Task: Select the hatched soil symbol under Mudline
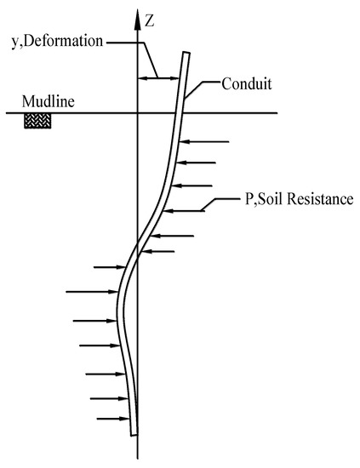[37, 121]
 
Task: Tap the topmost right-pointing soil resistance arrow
[108, 267]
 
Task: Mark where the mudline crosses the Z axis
[138, 113]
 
